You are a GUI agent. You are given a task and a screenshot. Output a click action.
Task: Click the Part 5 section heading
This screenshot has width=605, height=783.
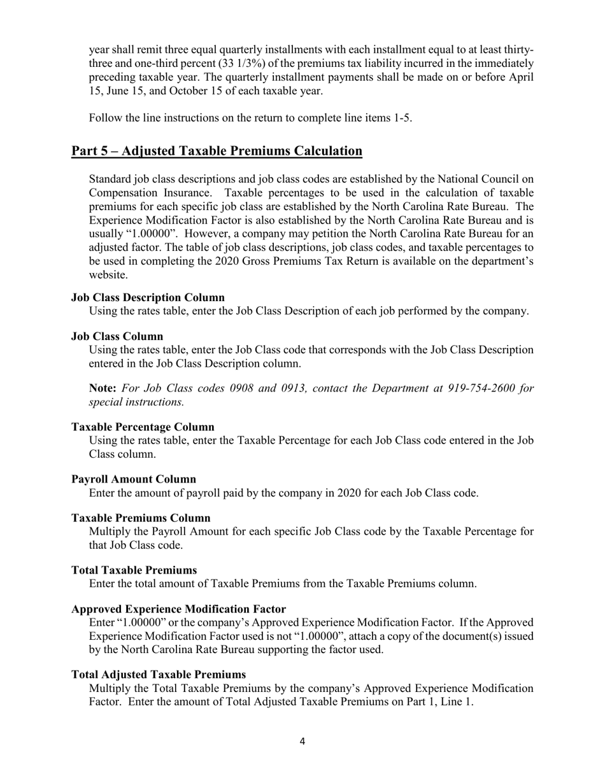pos(217,151)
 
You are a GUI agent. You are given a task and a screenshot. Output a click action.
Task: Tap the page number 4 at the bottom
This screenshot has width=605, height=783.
pos(302,741)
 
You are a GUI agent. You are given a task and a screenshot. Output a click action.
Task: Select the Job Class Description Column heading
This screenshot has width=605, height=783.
pos(148,297)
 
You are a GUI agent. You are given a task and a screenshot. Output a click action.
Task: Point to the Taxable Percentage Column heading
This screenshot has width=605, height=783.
pos(143,427)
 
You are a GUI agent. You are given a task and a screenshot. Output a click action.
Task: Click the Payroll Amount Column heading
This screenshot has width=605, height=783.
pos(134,479)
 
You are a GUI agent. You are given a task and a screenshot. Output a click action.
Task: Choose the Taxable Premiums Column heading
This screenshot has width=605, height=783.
pos(141,518)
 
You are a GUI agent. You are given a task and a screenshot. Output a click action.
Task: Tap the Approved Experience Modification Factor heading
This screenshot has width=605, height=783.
pos(178,609)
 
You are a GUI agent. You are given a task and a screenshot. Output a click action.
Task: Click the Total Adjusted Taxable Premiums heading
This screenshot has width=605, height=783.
pos(159,674)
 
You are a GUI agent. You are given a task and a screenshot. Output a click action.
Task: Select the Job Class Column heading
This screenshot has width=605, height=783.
pos(117,336)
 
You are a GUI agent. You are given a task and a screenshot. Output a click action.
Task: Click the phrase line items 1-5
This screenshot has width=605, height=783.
pos(376,118)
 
